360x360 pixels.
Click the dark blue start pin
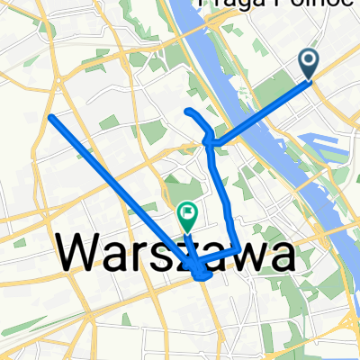tap(308, 62)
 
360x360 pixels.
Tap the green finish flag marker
tap(188, 216)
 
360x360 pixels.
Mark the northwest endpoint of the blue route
tap(50, 117)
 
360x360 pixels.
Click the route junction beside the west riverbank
tap(209, 141)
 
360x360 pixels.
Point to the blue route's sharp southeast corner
tap(238, 247)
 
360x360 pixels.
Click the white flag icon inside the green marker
tap(188, 214)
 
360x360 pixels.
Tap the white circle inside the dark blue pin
tap(308, 59)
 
